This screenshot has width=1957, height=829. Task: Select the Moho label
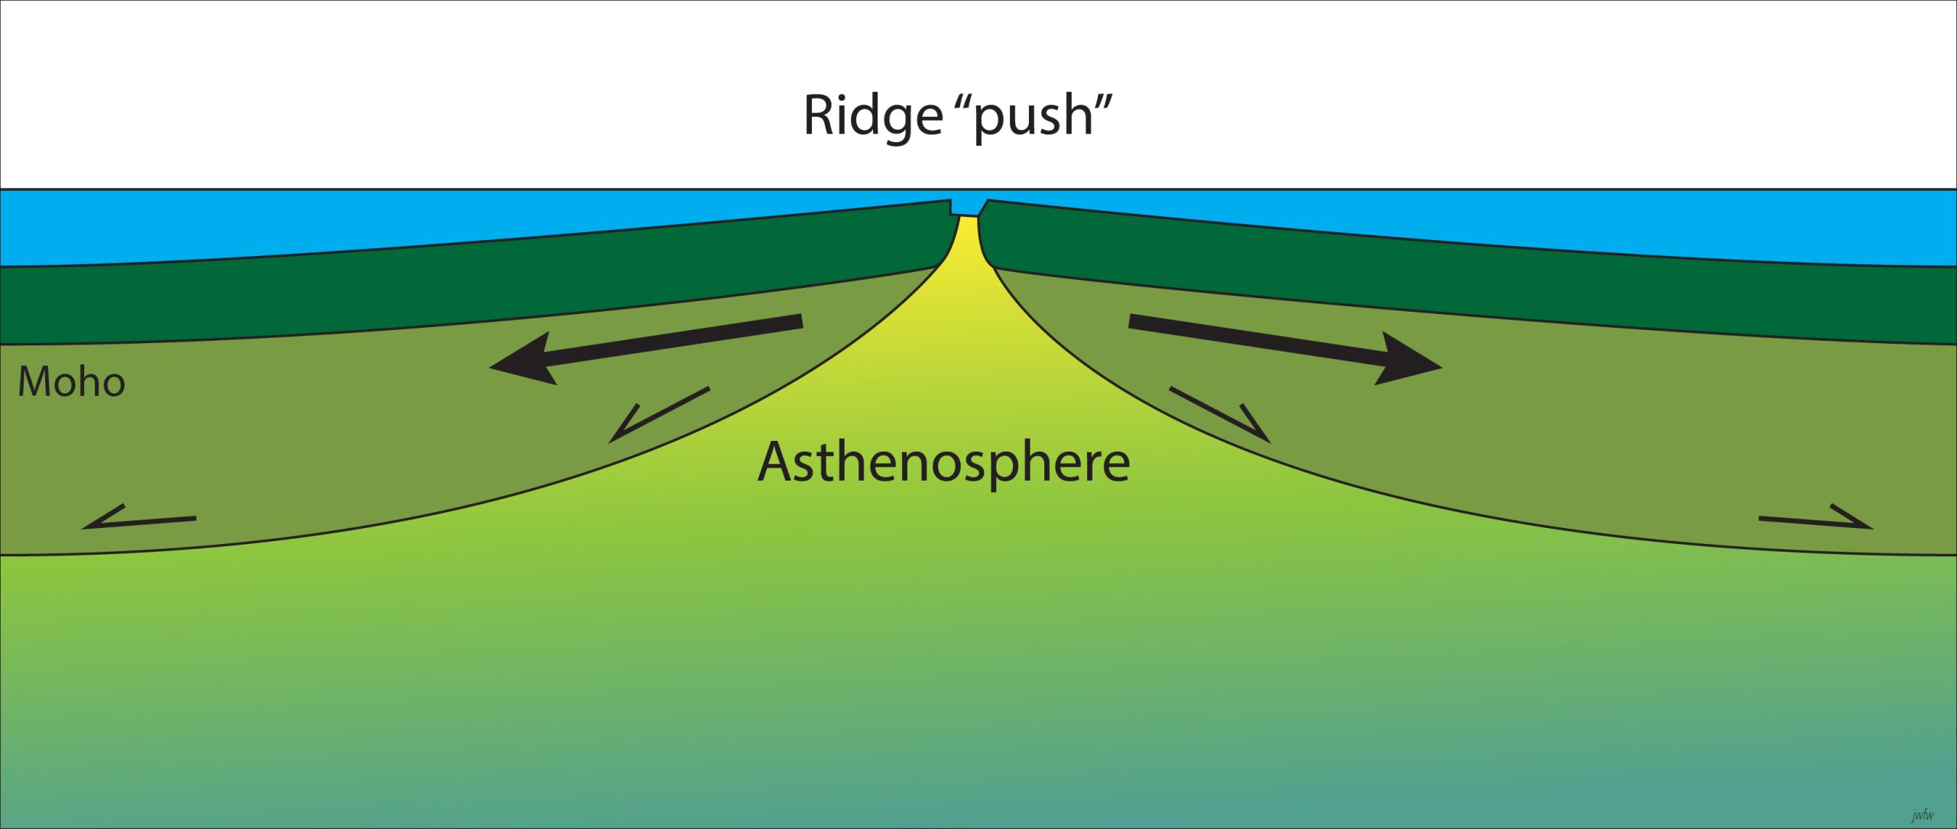(71, 382)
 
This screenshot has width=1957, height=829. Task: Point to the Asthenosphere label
(943, 462)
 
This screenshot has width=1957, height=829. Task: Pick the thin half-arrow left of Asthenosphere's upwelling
(657, 414)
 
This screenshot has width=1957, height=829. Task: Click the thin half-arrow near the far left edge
(138, 520)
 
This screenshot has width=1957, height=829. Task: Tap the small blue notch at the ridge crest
(967, 207)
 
